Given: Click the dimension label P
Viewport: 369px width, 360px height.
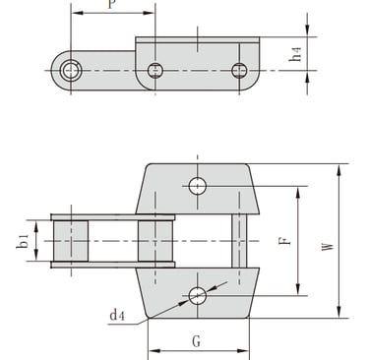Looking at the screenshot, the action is tap(112, 3).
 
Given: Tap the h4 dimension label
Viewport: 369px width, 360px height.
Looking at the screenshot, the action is tap(295, 54).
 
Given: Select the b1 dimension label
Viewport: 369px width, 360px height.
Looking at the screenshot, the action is tap(23, 241).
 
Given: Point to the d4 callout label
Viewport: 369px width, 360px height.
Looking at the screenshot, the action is tap(117, 316).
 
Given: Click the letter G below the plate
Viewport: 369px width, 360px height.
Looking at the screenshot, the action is tap(196, 341).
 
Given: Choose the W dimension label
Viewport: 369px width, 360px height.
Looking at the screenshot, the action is tap(328, 246).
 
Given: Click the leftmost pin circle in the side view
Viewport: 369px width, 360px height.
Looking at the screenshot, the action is tap(71, 70).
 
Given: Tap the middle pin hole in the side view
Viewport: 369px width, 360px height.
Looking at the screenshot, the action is tap(155, 71).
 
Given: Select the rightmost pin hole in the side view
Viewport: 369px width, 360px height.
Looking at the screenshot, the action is tap(239, 71).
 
